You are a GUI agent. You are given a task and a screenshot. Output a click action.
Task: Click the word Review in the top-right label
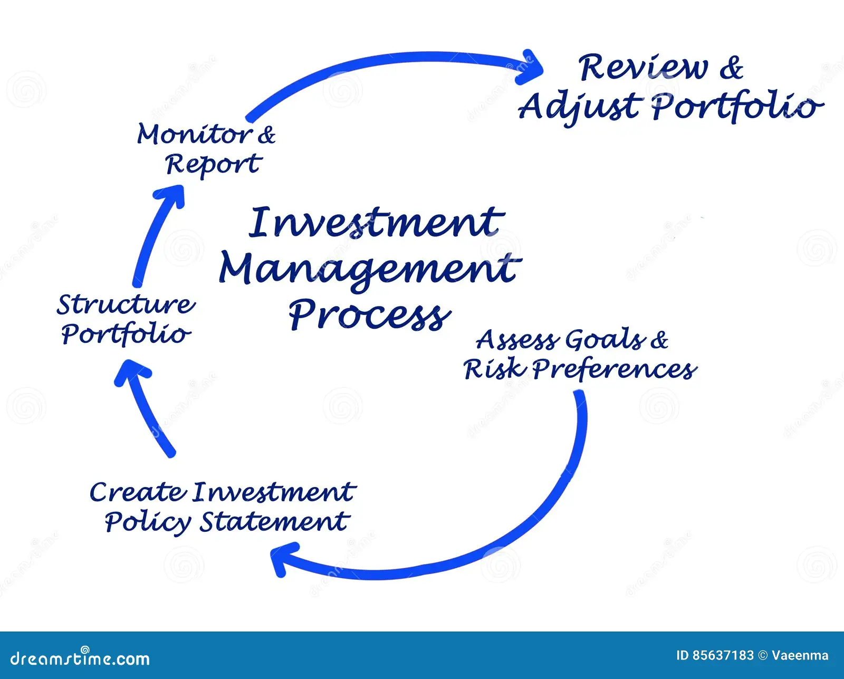643,68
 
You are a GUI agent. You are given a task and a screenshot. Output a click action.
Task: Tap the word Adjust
580,107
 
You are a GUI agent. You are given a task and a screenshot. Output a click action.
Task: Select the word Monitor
194,134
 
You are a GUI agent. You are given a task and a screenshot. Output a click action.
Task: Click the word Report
213,165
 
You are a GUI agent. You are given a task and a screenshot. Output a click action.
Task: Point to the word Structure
126,304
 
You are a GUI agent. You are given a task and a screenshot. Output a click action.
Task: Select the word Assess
517,340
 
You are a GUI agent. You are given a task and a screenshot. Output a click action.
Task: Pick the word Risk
495,369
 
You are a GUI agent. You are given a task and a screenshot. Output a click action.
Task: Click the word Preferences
614,369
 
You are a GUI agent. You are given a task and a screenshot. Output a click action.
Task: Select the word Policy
148,522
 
